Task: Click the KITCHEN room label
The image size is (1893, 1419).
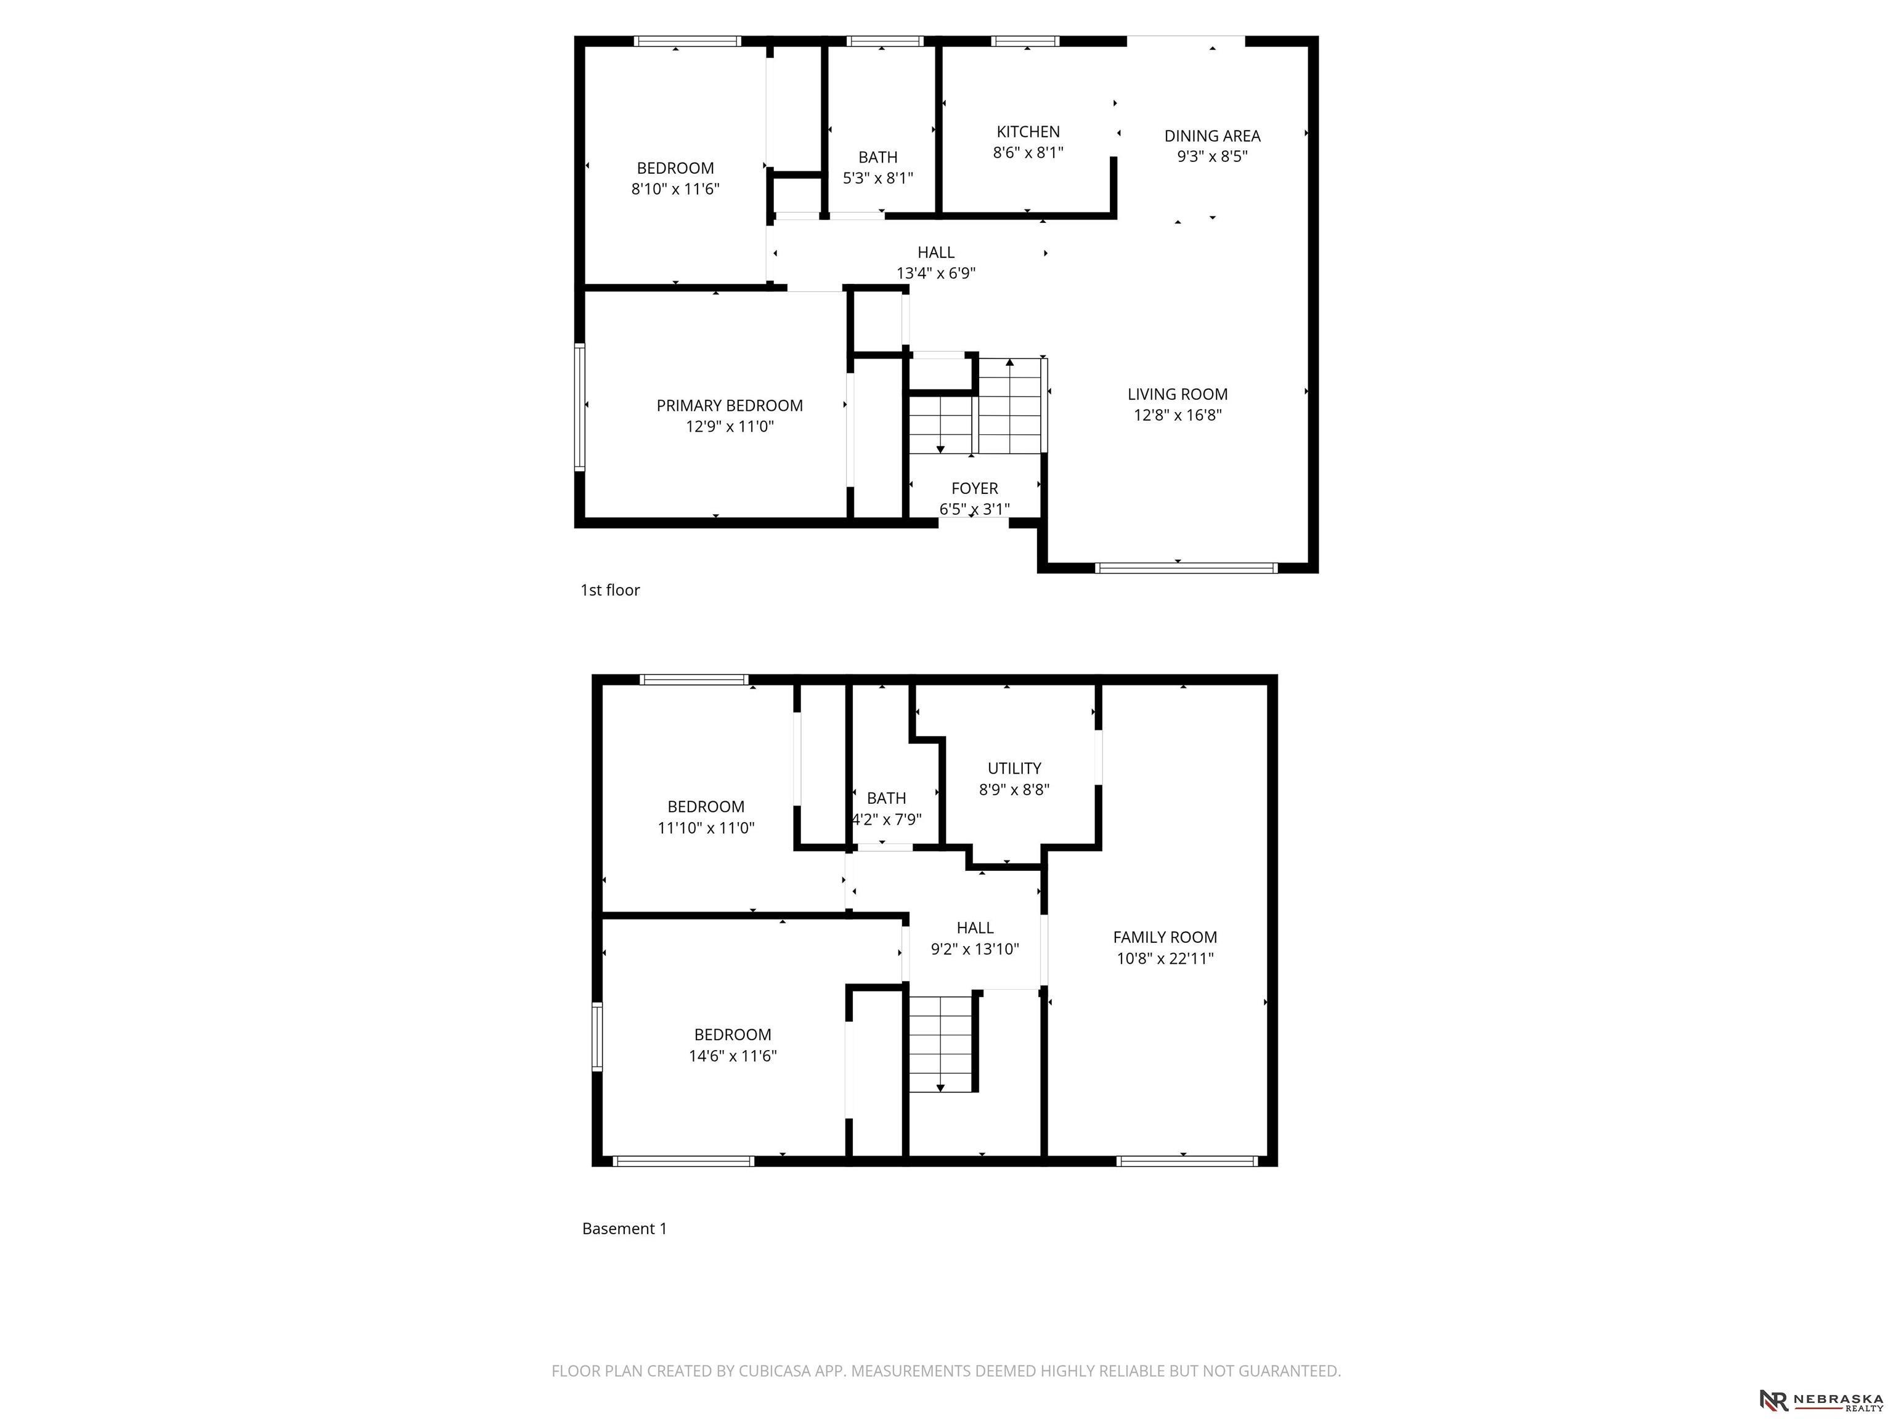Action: point(1028,132)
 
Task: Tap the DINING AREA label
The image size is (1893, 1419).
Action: point(1212,136)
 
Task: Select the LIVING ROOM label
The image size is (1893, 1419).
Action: point(1178,394)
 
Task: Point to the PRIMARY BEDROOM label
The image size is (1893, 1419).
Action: point(729,405)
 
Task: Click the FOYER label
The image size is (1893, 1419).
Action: point(975,488)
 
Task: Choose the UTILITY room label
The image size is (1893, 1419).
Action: point(1014,768)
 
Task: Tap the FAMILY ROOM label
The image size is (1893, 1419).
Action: point(1165,937)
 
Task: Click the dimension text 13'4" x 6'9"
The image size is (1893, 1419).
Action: point(935,273)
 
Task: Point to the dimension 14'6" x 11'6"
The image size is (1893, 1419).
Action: point(733,1056)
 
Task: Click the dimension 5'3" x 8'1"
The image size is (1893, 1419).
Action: point(878,179)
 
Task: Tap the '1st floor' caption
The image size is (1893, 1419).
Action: point(610,590)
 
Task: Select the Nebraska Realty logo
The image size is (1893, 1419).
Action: point(1821,1400)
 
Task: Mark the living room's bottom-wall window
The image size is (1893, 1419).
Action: point(1186,568)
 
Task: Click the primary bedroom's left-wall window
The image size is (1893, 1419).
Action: point(579,407)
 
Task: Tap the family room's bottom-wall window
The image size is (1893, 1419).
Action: point(1187,1162)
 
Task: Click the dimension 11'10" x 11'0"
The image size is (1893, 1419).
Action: point(706,828)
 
